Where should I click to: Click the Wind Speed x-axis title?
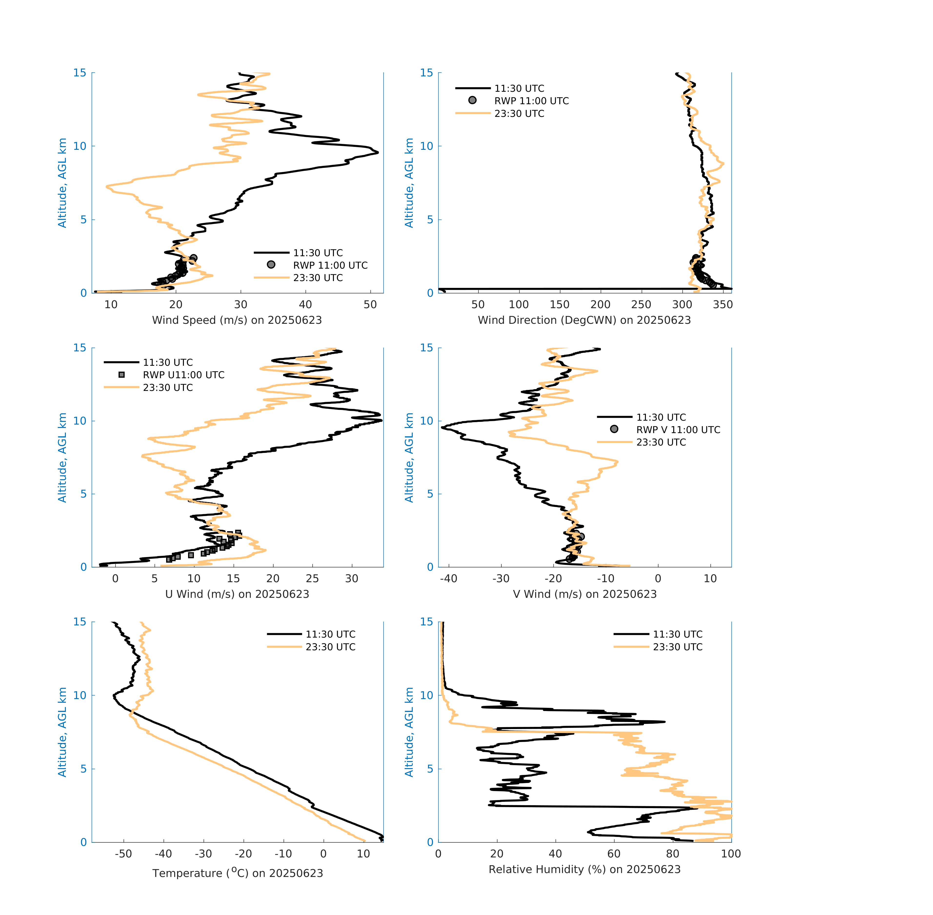pyautogui.click(x=237, y=320)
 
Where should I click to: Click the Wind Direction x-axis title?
pyautogui.click(x=584, y=320)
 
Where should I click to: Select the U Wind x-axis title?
pyautogui.click(x=237, y=594)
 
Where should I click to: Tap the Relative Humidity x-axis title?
pyautogui.click(x=584, y=869)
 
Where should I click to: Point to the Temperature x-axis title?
pyautogui.click(x=237, y=873)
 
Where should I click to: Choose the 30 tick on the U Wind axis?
pyautogui.click(x=352, y=579)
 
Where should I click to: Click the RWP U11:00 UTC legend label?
pyautogui.click(x=183, y=375)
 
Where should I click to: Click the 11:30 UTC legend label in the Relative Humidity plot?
pyautogui.click(x=677, y=634)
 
